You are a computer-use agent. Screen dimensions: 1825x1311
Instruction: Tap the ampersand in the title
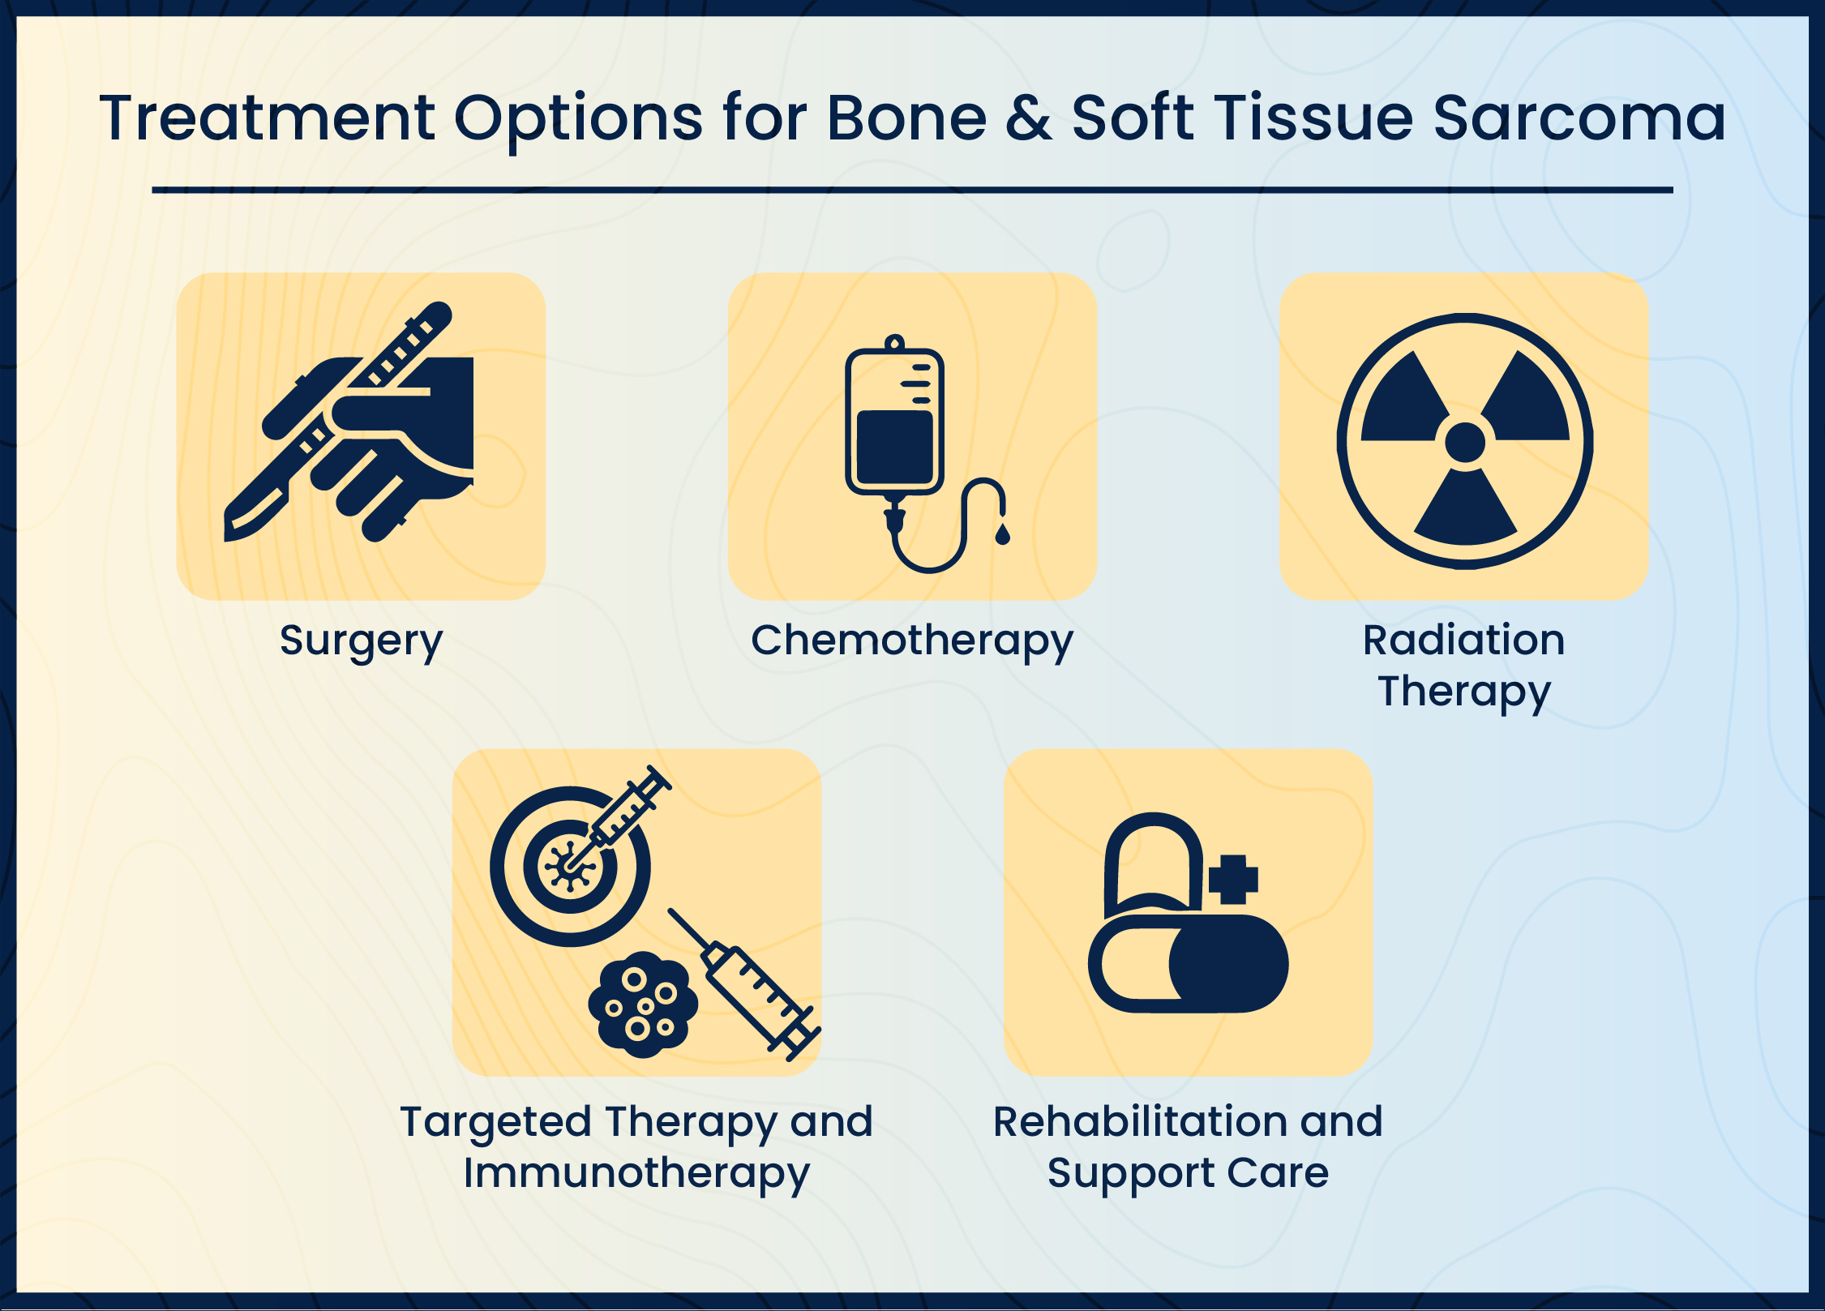(1029, 118)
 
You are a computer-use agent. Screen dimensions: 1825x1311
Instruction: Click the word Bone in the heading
(906, 118)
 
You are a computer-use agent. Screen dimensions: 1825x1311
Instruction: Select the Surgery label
(362, 643)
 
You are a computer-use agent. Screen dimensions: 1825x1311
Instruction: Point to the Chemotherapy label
(912, 643)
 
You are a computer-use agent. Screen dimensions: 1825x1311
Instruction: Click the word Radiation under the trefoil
(1464, 640)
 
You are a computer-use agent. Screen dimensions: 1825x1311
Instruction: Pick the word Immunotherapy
(636, 1174)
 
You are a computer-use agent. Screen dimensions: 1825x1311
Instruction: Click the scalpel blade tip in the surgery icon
(228, 537)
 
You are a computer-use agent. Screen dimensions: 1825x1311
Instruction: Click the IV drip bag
(894, 418)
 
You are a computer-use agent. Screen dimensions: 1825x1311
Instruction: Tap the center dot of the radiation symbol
(1465, 442)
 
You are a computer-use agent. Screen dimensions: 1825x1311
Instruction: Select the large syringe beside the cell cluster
(744, 984)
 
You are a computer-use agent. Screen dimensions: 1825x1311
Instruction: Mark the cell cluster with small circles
(643, 1005)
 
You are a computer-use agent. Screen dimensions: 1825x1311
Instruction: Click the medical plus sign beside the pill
(1233, 880)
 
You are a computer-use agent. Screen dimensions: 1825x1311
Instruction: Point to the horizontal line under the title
(912, 190)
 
